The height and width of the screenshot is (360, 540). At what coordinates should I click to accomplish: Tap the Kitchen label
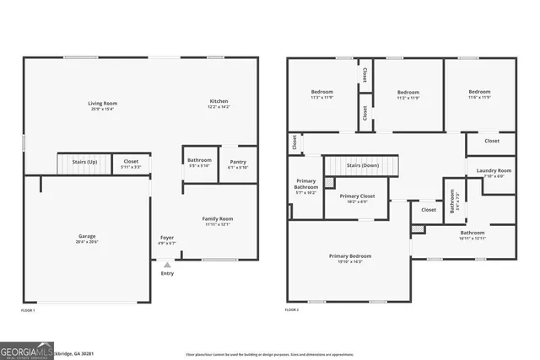tap(219, 101)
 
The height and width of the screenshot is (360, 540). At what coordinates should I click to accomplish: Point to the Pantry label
tap(238, 161)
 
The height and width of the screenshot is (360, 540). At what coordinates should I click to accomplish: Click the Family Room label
tap(218, 218)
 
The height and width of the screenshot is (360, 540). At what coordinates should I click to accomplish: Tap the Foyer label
tap(167, 238)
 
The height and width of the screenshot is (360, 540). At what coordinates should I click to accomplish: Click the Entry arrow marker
tap(167, 265)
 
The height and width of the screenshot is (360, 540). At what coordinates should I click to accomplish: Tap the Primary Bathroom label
tap(306, 185)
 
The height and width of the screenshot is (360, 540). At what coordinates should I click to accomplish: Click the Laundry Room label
tap(494, 170)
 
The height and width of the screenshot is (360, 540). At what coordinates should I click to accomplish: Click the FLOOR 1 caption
tap(28, 310)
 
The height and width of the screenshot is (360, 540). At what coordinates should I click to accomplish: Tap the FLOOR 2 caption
tap(292, 310)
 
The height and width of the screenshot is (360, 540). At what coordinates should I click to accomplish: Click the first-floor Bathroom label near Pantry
tap(199, 159)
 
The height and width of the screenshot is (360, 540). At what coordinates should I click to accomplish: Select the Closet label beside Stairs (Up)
tap(131, 161)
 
